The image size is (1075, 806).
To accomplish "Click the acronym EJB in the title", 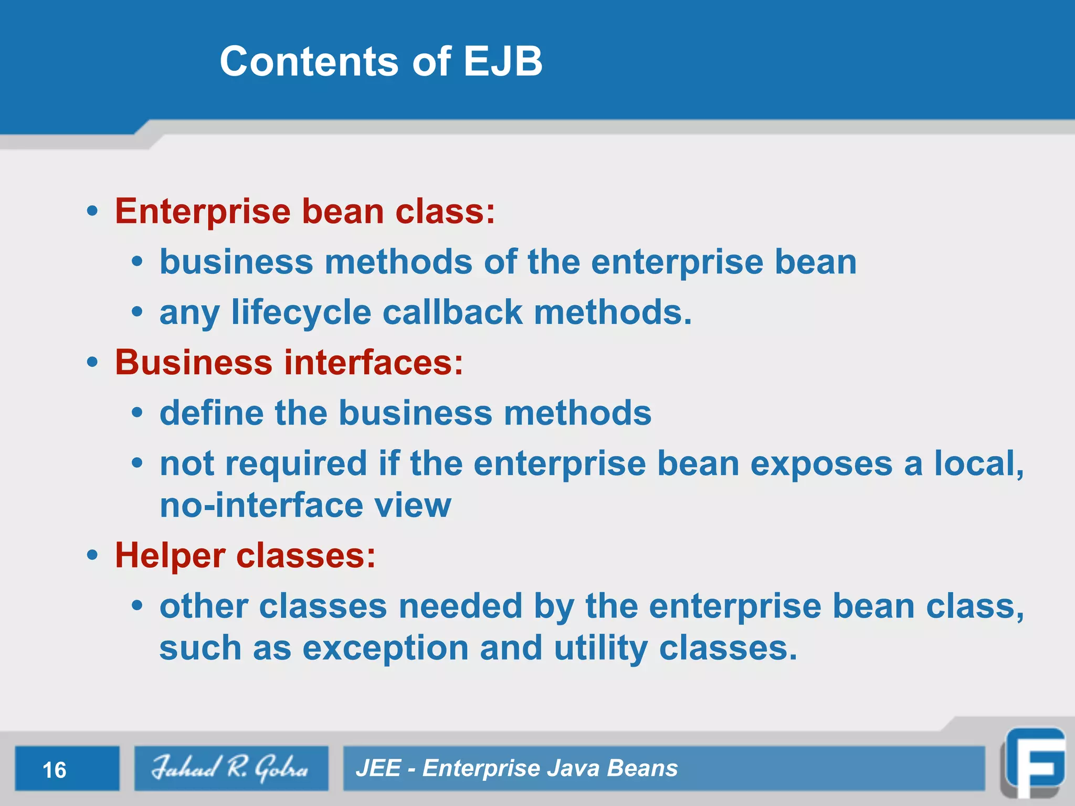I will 502,61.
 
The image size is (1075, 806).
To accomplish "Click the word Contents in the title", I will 310,61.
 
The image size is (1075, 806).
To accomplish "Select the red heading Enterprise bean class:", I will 305,211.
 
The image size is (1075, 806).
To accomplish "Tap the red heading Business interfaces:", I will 289,363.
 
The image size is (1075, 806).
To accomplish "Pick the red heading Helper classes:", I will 245,555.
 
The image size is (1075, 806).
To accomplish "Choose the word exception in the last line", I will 385,649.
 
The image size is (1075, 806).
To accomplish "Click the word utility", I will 601,649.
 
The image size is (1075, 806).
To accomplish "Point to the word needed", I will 460,606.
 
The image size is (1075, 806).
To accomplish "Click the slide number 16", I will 55,770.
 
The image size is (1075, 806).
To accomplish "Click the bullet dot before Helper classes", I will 93,555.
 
